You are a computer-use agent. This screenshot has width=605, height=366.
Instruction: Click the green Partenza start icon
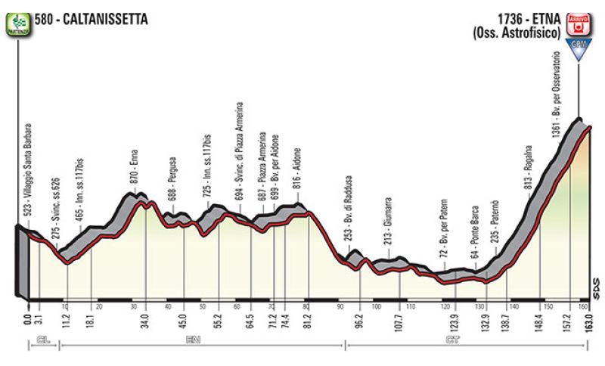pos(16,21)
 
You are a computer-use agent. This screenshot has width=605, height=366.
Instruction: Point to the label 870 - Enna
pos(134,175)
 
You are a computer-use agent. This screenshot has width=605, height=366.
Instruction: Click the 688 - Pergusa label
pos(172,194)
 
